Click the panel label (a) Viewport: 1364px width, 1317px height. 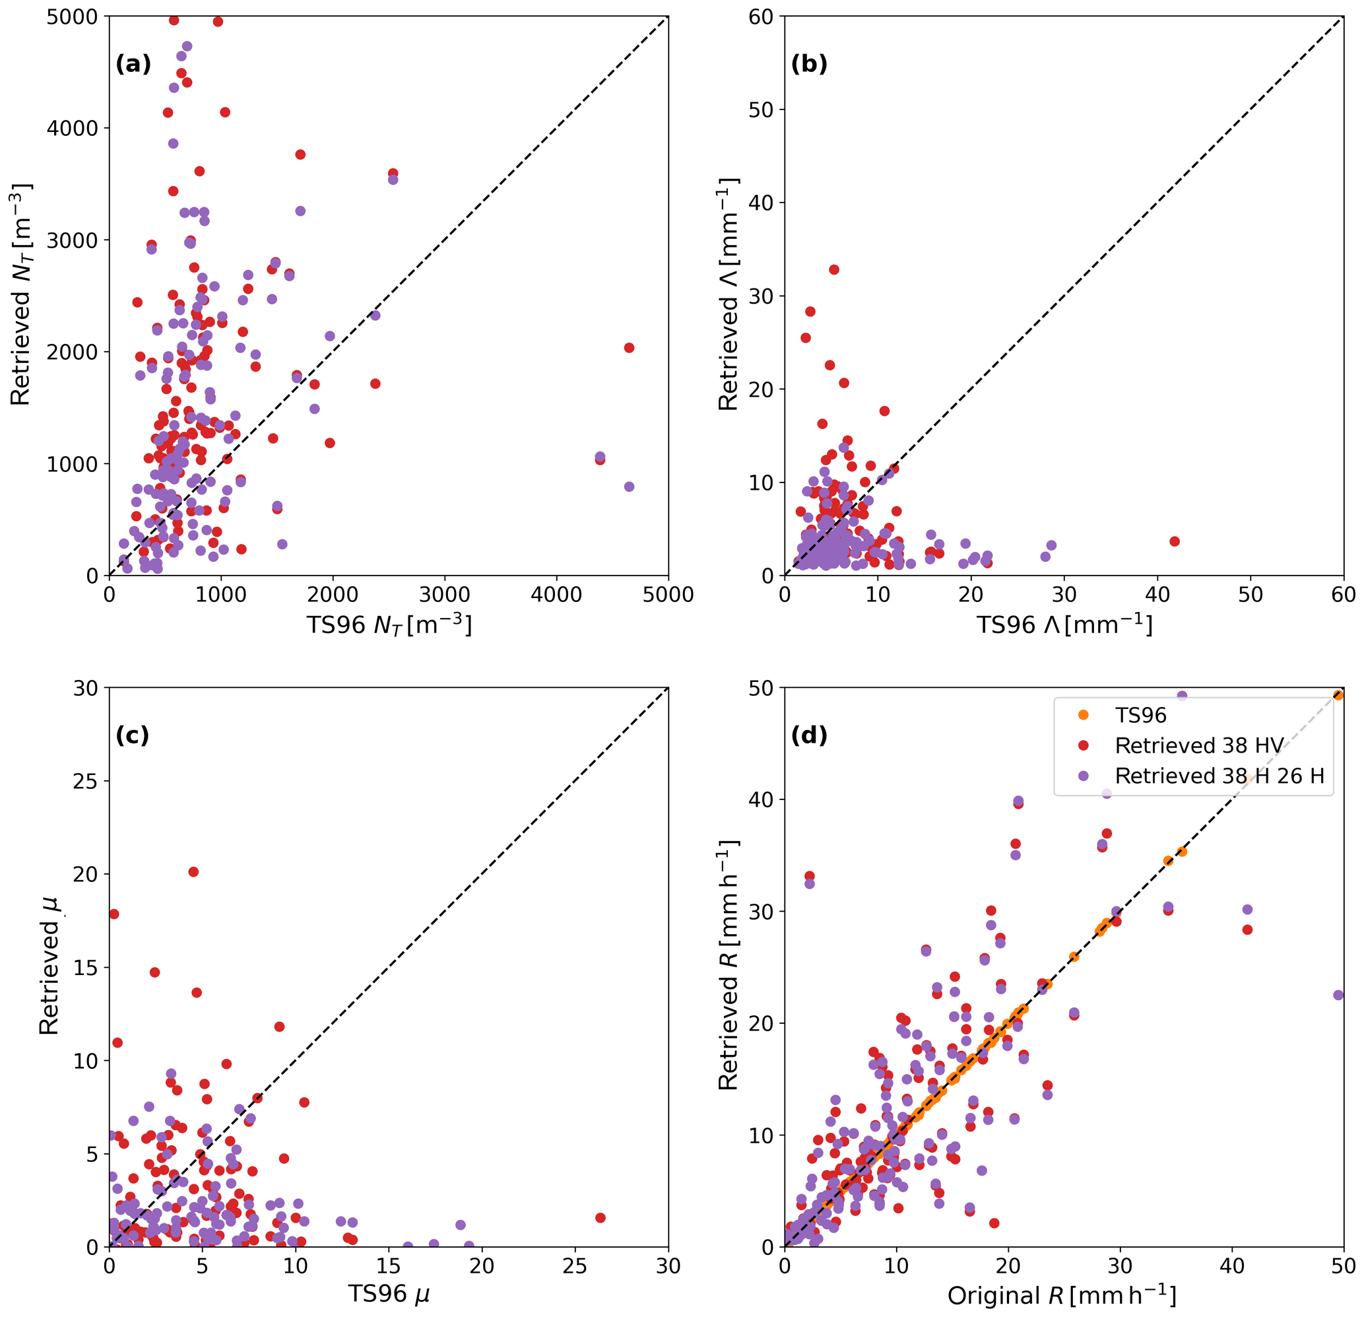point(133,64)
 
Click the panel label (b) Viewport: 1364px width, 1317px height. point(808,64)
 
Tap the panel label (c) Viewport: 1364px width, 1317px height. point(132,736)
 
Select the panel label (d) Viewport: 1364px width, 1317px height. point(808,736)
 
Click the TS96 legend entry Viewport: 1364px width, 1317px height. point(1140,716)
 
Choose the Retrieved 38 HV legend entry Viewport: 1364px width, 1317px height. point(1198,745)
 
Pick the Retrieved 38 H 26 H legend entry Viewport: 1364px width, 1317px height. point(1219,776)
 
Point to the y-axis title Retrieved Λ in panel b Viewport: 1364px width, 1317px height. point(728,294)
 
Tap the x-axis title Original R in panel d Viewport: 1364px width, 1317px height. point(1062,1295)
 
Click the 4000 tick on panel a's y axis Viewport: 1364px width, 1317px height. point(73,128)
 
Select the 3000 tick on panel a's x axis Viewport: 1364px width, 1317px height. point(445,595)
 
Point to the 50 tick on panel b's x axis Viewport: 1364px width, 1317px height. point(1250,595)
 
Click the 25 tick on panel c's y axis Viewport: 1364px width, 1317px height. point(85,781)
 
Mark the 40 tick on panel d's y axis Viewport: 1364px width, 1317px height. point(761,799)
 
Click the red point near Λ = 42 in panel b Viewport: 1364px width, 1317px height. point(1175,541)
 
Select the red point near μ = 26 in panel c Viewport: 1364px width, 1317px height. point(601,1218)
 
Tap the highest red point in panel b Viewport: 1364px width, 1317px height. point(833,269)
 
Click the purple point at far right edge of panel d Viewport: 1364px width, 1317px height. point(1338,996)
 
